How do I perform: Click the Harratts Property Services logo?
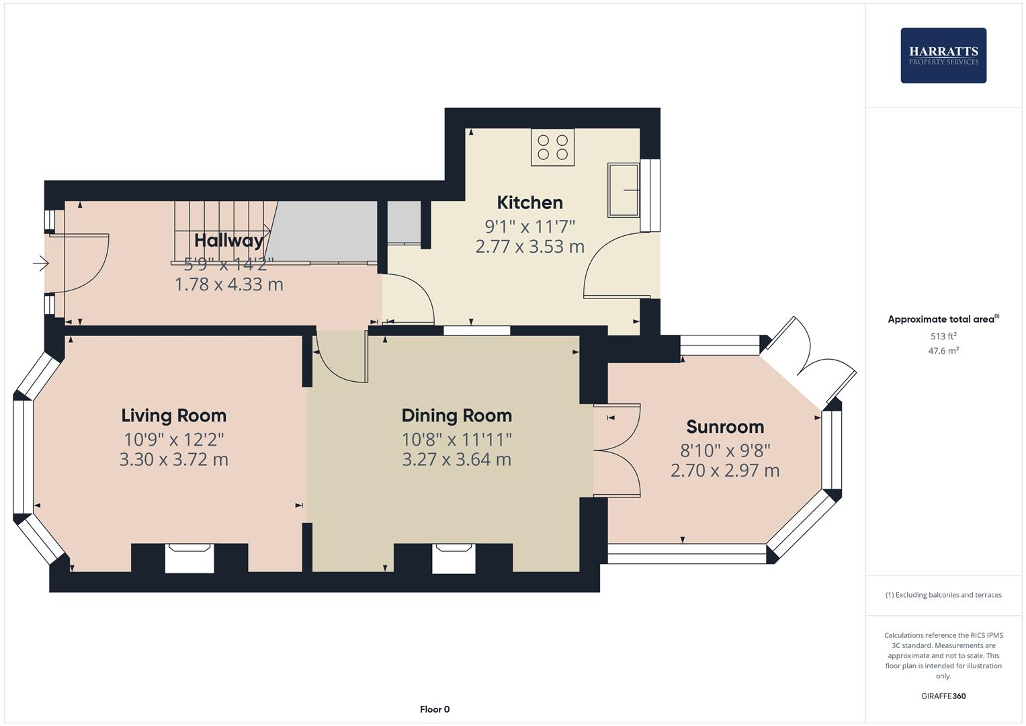pos(943,55)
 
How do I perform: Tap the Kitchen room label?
pos(529,202)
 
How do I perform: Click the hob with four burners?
pos(552,148)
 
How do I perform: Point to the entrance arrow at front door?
pos(41,264)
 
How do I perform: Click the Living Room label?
pos(173,415)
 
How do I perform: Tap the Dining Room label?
pos(456,415)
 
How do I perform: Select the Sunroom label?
pos(724,427)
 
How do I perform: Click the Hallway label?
pos(228,241)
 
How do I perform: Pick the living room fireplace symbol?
pos(189,558)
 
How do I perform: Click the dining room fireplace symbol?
pos(454,558)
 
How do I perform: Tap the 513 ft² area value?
pos(943,336)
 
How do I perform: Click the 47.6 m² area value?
pos(943,351)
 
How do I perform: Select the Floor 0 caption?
pos(434,709)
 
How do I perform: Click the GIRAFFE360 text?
pos(943,696)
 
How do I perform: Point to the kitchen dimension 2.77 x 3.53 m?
pos(529,247)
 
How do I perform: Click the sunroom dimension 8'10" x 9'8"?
pos(724,450)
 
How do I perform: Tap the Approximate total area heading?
pos(941,319)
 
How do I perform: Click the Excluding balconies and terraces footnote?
pos(943,595)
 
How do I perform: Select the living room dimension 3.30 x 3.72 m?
pos(173,460)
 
